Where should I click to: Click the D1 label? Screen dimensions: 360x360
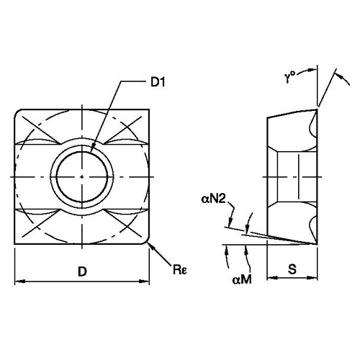158,82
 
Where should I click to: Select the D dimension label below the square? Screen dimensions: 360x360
82,271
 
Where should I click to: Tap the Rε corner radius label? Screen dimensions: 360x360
180,269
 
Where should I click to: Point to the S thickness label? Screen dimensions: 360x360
292,269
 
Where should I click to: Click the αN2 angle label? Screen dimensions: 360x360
214,199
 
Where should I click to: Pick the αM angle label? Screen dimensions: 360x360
242,279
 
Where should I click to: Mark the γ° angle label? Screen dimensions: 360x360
290,77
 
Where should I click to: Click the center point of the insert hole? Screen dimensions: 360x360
82,177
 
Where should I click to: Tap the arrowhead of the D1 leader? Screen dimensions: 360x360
93,149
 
